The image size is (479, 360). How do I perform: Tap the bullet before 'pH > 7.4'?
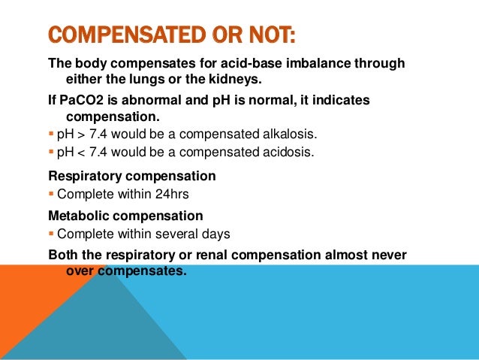tap(51, 135)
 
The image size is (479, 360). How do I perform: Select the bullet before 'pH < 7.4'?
tap(51, 152)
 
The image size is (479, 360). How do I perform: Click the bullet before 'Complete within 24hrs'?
tap(51, 195)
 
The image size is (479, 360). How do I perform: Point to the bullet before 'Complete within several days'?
tap(51, 234)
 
